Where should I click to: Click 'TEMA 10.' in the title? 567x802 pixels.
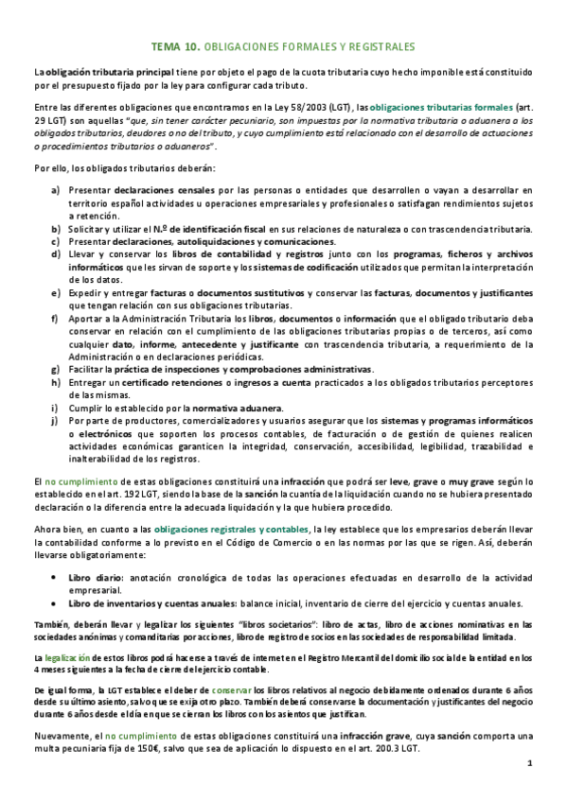click(x=174, y=45)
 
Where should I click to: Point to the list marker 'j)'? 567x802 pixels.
click(x=57, y=420)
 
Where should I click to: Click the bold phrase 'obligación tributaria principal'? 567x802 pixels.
click(x=105, y=72)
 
